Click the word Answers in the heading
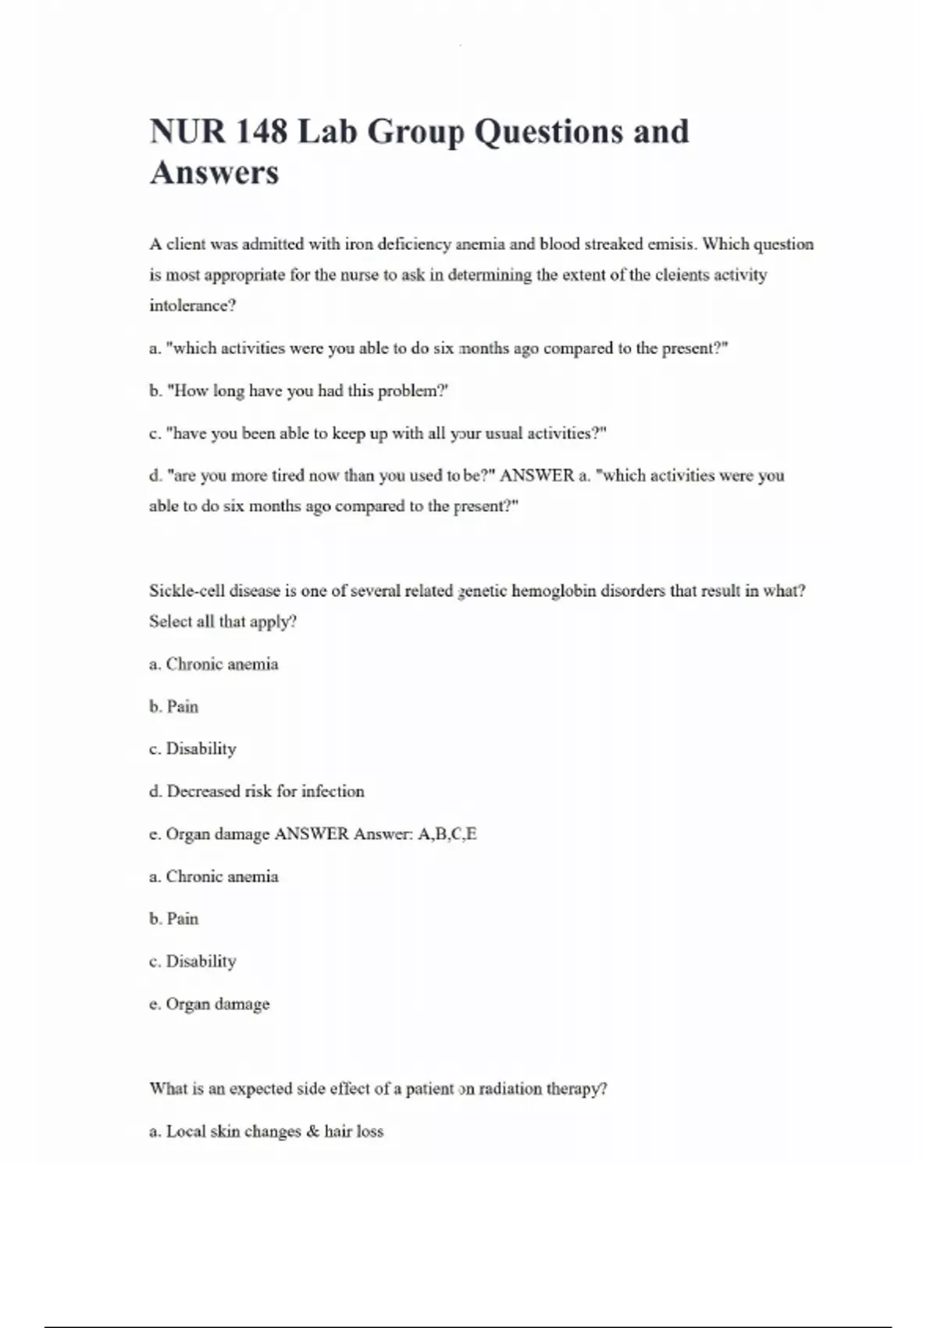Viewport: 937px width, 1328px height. (x=214, y=173)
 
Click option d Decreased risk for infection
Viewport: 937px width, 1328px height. (x=257, y=791)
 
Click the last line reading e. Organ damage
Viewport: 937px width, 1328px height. (x=209, y=1004)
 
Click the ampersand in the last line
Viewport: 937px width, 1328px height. (x=313, y=1131)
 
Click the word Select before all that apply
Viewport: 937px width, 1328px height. (x=169, y=622)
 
